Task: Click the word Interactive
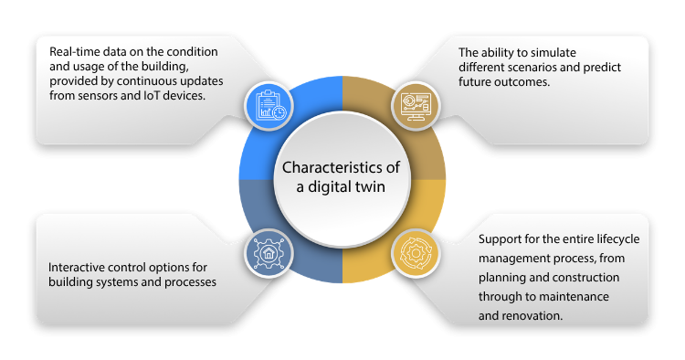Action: [x=79, y=268]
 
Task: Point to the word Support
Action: [x=501, y=239]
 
